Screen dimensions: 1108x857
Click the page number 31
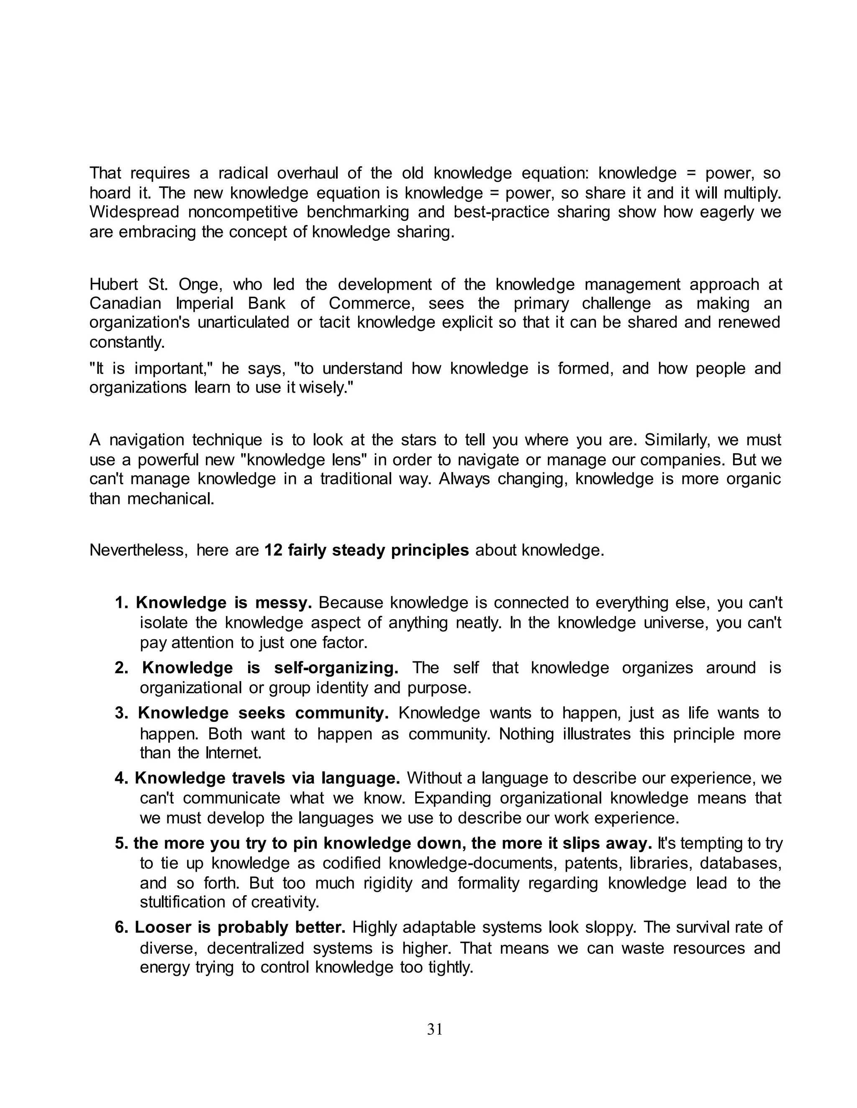[435, 1029]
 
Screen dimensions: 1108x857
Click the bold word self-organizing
[336, 668]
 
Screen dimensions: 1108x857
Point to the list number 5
[121, 843]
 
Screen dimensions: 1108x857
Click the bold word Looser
[163, 927]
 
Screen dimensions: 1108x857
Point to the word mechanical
[171, 499]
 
